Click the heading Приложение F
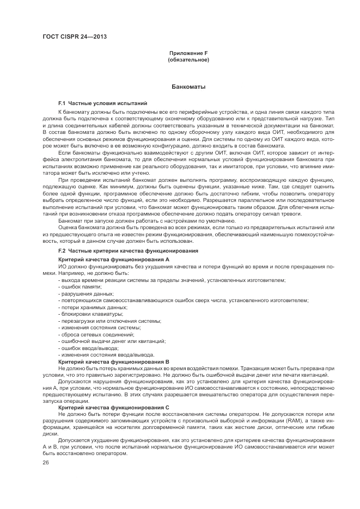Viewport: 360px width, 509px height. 188,53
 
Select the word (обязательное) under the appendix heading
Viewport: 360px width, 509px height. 188,59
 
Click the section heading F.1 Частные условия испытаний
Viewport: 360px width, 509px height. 102,103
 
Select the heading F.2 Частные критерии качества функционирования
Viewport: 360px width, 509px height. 128,250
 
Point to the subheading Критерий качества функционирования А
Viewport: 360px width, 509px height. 114,260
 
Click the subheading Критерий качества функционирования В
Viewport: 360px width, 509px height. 114,361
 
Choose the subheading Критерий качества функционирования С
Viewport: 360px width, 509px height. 114,407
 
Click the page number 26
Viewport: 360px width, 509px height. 46,463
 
